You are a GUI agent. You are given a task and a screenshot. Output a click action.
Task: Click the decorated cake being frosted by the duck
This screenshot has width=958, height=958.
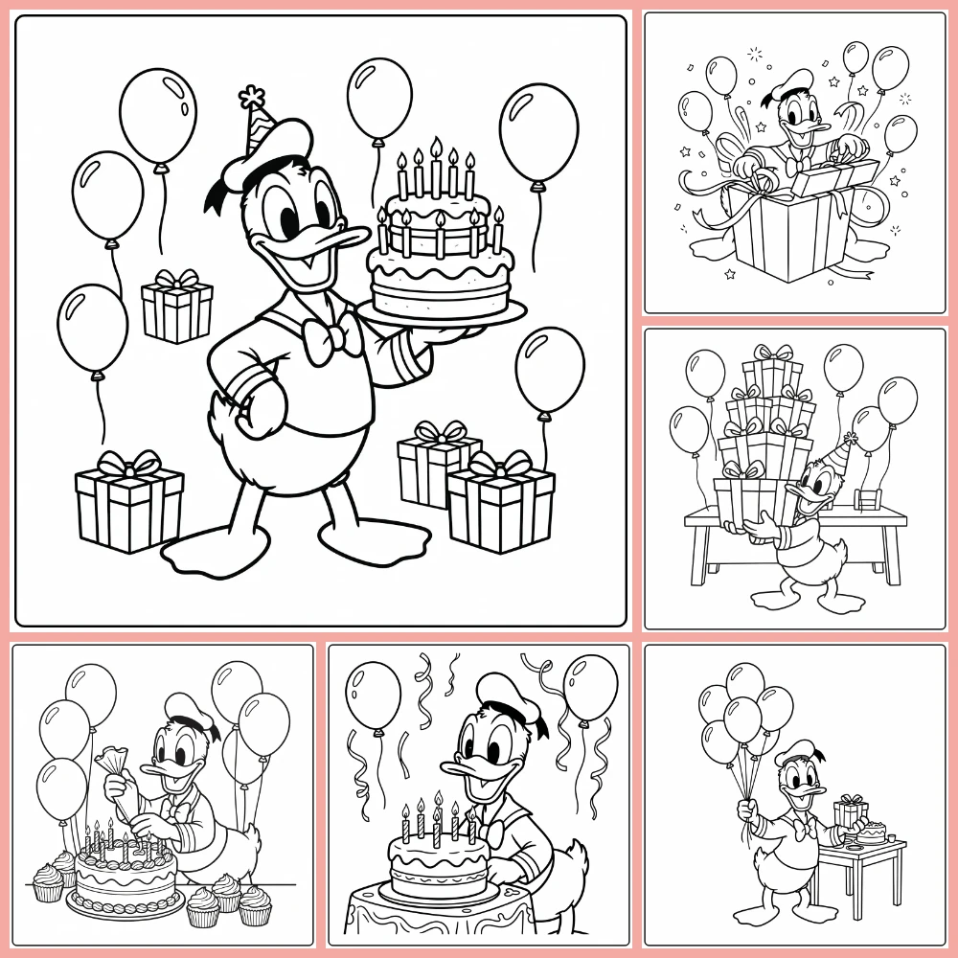click(125, 872)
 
